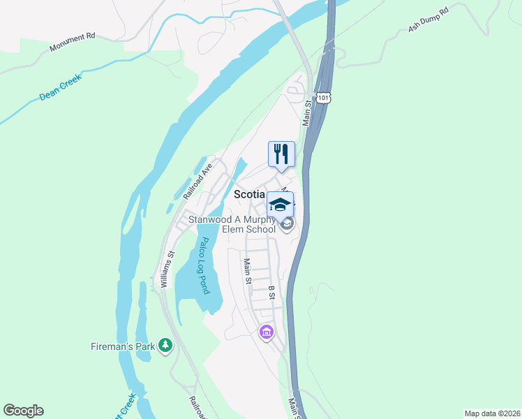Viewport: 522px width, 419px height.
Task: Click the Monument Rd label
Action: pyautogui.click(x=72, y=42)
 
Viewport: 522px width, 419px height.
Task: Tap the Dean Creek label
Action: pyautogui.click(x=61, y=87)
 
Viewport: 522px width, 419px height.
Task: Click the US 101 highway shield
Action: pyautogui.click(x=322, y=97)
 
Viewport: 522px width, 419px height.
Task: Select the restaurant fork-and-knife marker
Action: pyautogui.click(x=281, y=154)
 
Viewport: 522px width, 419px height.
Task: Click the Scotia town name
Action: pyautogui.click(x=248, y=195)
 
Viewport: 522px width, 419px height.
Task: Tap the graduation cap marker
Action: pyautogui.click(x=280, y=205)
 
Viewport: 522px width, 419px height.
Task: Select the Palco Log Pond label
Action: pyautogui.click(x=203, y=266)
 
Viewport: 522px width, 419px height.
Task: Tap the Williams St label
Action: pyautogui.click(x=165, y=270)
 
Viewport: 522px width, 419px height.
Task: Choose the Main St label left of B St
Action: pyautogui.click(x=247, y=271)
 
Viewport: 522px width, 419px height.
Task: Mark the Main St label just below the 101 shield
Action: pyautogui.click(x=306, y=114)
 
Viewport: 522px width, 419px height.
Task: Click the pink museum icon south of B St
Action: pyautogui.click(x=265, y=332)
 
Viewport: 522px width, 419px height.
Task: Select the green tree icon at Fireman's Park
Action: pyautogui.click(x=165, y=345)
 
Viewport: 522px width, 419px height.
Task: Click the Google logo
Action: pyautogui.click(x=24, y=411)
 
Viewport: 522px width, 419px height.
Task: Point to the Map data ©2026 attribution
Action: pyautogui.click(x=491, y=413)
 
